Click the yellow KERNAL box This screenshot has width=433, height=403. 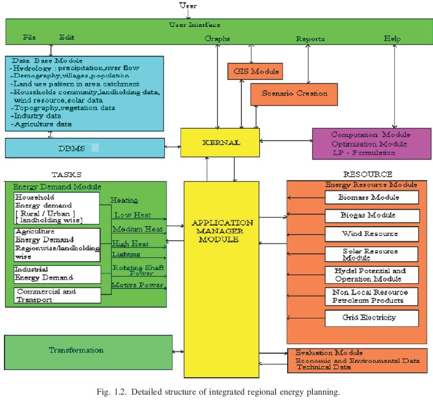point(220,143)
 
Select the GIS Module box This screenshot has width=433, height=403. point(255,72)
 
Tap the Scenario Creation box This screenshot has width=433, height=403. point(294,93)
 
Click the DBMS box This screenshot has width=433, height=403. point(84,148)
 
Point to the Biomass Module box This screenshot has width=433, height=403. point(371,197)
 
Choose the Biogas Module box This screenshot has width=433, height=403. point(371,215)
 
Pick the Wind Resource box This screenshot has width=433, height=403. point(371,234)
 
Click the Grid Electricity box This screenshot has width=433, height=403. point(371,318)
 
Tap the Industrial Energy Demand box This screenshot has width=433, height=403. point(57,274)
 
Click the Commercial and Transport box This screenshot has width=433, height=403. point(57,295)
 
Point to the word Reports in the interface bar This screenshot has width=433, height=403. point(310,39)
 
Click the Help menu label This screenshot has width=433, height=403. point(392,39)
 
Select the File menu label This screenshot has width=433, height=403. point(30,38)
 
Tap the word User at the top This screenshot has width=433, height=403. point(188,6)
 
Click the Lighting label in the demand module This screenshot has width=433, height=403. point(126,254)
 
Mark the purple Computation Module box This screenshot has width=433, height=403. point(371,144)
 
